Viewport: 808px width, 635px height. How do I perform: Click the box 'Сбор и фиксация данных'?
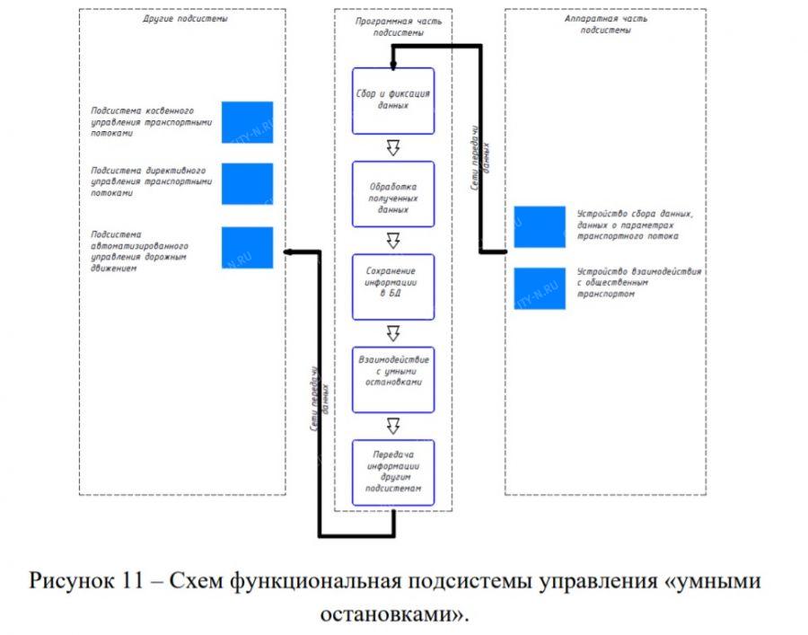click(x=392, y=101)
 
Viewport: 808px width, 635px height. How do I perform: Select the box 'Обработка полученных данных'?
click(x=392, y=194)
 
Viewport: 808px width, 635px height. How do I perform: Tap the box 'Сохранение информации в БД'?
click(x=392, y=287)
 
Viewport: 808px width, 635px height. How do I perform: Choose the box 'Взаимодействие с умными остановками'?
click(x=392, y=379)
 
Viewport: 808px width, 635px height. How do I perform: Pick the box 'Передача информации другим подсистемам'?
click(x=392, y=472)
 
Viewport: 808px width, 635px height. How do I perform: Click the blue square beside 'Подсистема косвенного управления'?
click(x=247, y=121)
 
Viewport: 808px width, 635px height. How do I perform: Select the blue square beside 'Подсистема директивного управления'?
click(x=247, y=183)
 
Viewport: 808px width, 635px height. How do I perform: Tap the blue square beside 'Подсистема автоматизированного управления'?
click(x=247, y=247)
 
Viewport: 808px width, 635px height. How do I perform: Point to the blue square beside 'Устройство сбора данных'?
click(x=540, y=226)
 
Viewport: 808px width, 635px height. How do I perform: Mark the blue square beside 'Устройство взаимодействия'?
click(x=540, y=288)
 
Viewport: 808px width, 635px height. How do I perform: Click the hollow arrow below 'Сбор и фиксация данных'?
click(x=392, y=146)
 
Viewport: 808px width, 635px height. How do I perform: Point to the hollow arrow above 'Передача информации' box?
click(x=392, y=425)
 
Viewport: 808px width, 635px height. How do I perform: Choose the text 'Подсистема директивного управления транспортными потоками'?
click(x=151, y=181)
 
